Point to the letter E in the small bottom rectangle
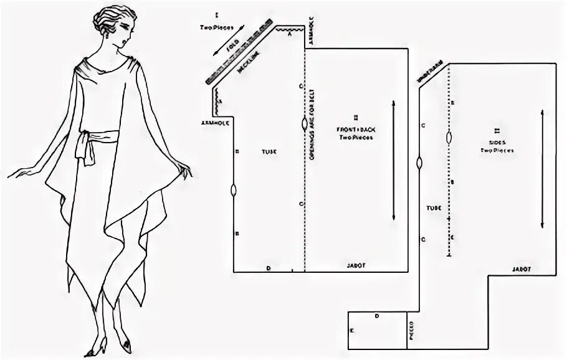[x=353, y=331]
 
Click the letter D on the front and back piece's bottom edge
[x=268, y=268]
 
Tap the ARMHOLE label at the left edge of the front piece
[x=213, y=123]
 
